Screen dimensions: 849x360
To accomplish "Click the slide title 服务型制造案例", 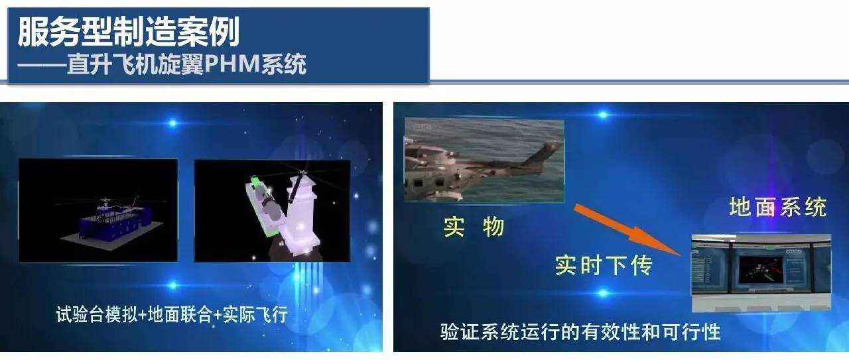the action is tap(129, 32).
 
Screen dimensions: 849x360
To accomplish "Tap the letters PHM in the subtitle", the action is tap(232, 64).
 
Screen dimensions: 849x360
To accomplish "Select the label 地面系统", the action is tap(778, 208).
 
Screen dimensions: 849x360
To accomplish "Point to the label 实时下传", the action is tap(604, 265).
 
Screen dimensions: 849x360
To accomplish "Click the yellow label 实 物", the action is tap(474, 227).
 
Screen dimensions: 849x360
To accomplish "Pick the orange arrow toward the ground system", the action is tap(627, 229).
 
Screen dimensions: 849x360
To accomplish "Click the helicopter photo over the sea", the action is tap(484, 160).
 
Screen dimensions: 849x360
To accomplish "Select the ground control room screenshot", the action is tap(761, 273).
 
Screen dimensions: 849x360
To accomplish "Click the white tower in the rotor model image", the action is tap(301, 216).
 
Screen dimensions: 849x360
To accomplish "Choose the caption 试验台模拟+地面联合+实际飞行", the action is tap(172, 314).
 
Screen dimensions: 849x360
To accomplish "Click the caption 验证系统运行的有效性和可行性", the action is tap(580, 332).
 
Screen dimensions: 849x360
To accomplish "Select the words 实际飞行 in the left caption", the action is tap(255, 314).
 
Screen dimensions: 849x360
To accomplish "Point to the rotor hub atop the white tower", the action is tap(302, 174).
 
